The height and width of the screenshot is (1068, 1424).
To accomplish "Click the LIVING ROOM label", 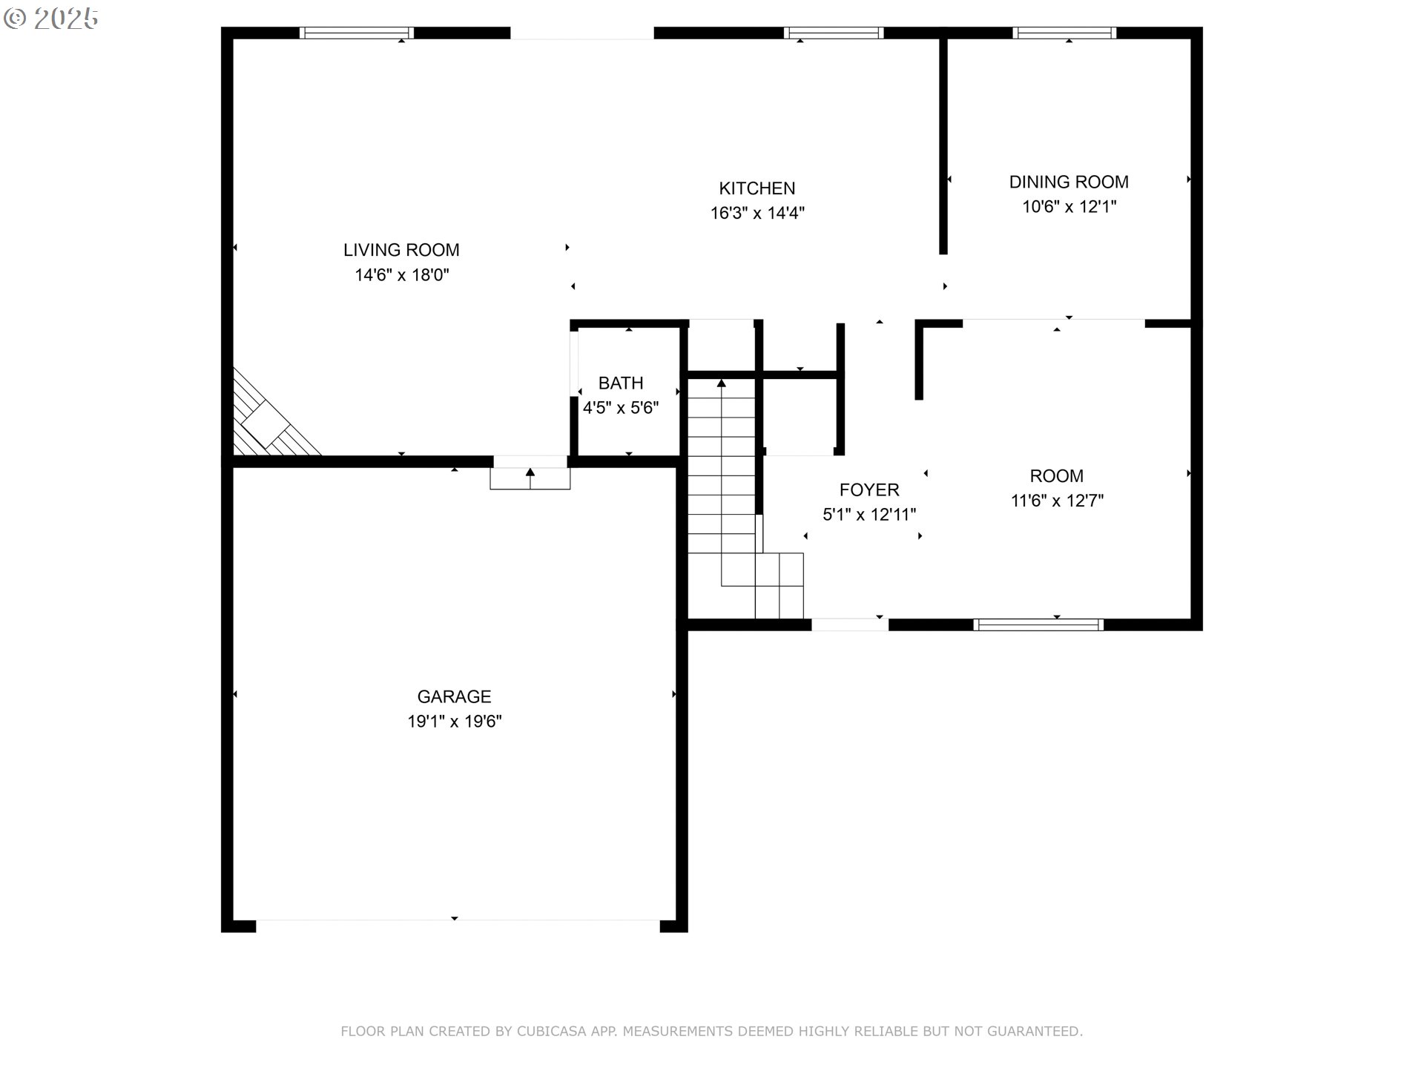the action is (401, 250).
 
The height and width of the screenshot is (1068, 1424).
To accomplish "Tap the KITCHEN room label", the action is (757, 188).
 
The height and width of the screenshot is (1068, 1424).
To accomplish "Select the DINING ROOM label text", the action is (1069, 182).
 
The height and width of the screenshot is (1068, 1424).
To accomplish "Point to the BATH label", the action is (621, 383).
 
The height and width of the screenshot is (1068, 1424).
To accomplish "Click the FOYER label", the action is (869, 489).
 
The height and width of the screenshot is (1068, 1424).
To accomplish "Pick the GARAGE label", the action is (454, 696).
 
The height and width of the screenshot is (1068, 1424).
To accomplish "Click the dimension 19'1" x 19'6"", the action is (455, 721).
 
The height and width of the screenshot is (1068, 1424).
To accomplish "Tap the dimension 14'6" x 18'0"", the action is (402, 275).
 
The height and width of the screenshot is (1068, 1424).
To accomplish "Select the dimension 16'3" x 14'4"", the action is (757, 214).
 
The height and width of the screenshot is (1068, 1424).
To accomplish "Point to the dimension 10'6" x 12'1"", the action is (1069, 207).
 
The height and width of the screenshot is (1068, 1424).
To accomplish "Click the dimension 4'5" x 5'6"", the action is (621, 408).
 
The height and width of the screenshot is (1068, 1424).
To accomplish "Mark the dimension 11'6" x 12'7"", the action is (1057, 501).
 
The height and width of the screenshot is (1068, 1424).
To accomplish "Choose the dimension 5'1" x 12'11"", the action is (869, 515).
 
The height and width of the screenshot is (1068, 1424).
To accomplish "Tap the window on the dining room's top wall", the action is (1064, 33).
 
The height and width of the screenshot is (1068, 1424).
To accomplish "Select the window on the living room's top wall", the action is (357, 33).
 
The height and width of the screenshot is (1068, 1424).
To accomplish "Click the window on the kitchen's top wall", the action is (834, 33).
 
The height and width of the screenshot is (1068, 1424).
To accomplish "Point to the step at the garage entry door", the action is (530, 478).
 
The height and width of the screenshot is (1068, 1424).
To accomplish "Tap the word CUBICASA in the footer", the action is (550, 1031).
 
